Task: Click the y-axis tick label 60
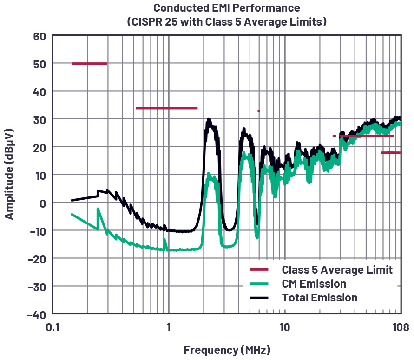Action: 39,36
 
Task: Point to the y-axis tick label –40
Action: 37,314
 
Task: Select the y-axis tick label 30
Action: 39,119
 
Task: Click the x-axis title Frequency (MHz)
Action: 227,350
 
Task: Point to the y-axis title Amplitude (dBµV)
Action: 9,175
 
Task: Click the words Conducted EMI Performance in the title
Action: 227,8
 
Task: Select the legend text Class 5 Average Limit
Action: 337,270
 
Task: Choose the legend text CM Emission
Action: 314,284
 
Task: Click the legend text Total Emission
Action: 320,298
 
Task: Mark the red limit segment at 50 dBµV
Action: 89,64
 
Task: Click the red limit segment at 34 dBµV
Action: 166,108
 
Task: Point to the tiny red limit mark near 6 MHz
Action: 259,111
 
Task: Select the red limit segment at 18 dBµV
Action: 391,153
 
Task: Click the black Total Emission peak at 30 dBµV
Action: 209,120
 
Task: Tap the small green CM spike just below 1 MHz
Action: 165,241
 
